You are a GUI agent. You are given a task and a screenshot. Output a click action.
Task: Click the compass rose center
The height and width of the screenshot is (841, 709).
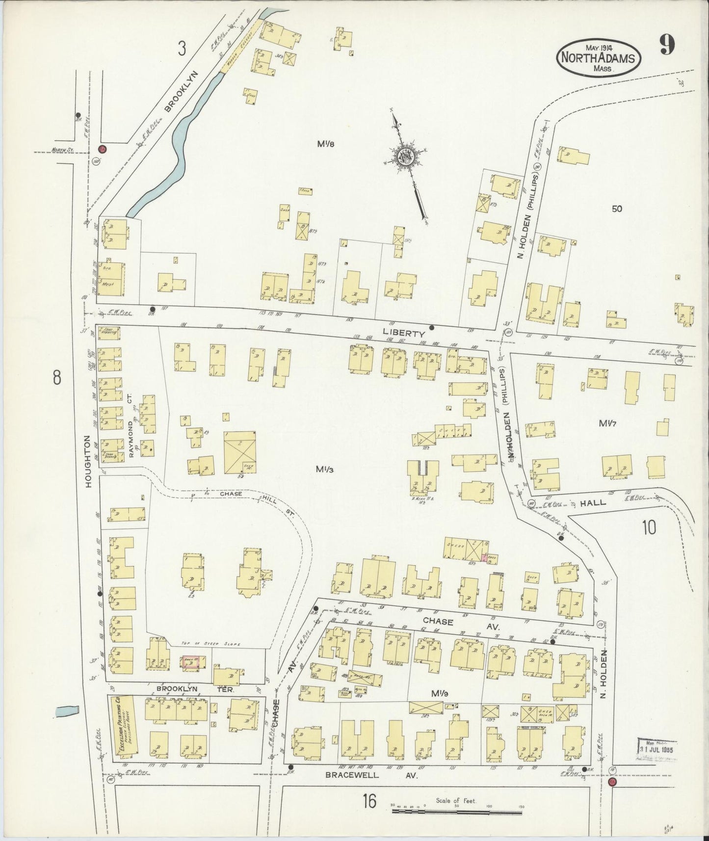coord(406,156)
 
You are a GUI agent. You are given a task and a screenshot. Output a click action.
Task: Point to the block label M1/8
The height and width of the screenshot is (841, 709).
coord(325,144)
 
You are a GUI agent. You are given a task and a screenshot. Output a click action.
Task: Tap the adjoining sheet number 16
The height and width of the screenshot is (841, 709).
coord(369,802)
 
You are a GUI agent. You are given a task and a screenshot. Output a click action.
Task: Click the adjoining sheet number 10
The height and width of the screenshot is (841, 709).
coord(649,527)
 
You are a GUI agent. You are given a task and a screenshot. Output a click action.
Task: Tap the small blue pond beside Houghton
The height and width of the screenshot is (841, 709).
coord(67,710)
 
